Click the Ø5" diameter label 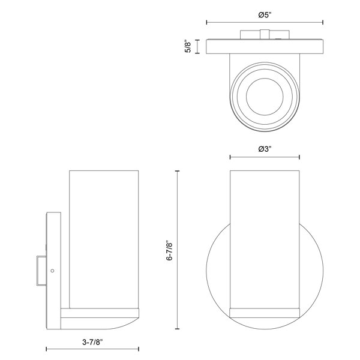click(265, 15)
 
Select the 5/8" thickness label click(188, 47)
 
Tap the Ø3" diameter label click(265, 149)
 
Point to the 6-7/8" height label click(170, 250)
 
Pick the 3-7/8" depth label click(92, 343)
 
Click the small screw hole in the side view click(52, 271)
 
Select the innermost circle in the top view click(265, 97)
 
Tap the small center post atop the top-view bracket click(265, 34)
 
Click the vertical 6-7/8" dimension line click(177, 250)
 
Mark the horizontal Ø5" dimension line click(265, 22)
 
